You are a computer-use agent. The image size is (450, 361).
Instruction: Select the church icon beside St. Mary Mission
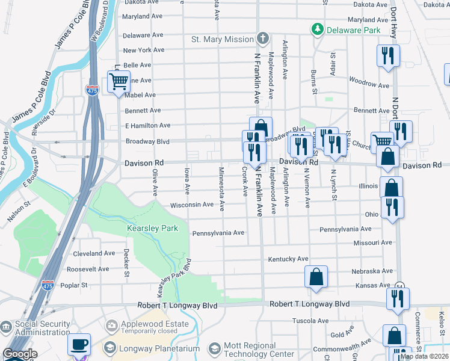click(x=262, y=39)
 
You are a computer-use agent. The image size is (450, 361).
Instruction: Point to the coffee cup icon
click(x=79, y=345)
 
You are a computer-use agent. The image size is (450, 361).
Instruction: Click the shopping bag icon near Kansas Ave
click(x=316, y=278)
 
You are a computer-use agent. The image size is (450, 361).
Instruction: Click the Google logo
click(x=20, y=354)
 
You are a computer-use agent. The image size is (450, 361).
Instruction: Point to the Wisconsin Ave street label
click(x=192, y=205)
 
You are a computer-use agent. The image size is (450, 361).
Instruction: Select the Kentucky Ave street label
click(x=288, y=259)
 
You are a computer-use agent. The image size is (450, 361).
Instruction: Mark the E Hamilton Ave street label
click(x=148, y=125)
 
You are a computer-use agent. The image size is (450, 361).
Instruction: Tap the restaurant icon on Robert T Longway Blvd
click(x=398, y=299)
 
